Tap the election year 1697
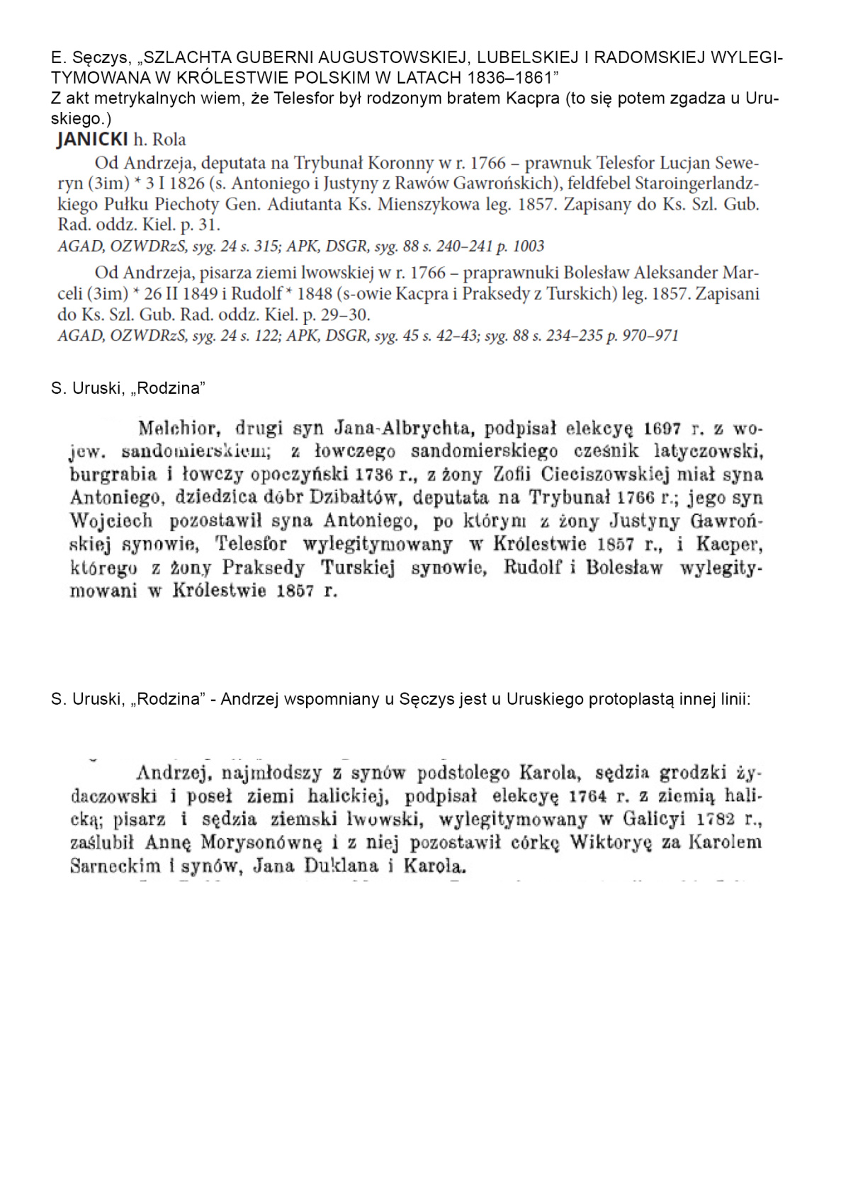tap(662, 429)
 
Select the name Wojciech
tap(111, 521)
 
